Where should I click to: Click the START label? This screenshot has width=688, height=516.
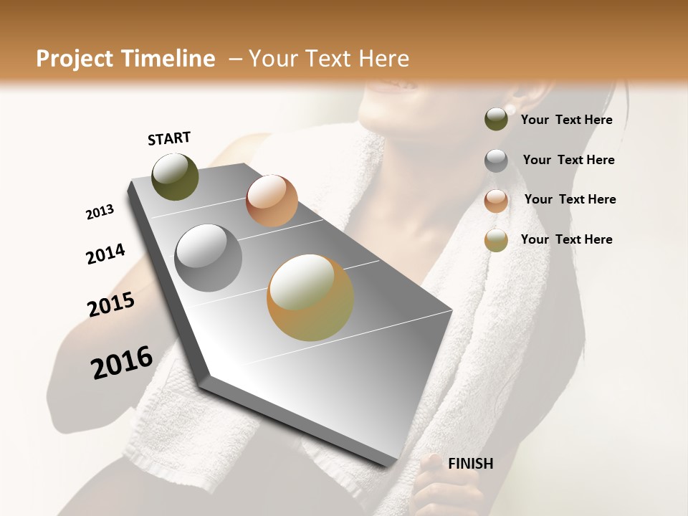click(x=169, y=138)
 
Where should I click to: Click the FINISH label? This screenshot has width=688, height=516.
click(x=470, y=464)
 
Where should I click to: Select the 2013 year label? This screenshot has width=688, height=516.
click(x=100, y=212)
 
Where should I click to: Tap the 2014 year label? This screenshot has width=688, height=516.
click(x=105, y=254)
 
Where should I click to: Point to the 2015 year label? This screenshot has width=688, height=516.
click(x=111, y=305)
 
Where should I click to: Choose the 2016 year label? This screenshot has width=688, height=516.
click(x=122, y=363)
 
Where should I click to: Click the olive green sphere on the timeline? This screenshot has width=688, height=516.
click(x=175, y=176)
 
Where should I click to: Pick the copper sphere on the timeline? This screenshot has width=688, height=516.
click(x=272, y=200)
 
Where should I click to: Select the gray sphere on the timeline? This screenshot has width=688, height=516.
click(x=208, y=258)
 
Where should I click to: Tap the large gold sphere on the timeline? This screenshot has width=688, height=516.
click(x=310, y=297)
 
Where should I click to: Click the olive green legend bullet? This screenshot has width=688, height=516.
click(x=496, y=120)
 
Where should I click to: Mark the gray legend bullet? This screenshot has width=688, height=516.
click(x=496, y=161)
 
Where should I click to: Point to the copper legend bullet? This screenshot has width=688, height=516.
click(x=496, y=201)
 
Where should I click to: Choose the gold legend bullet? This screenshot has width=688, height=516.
click(x=496, y=241)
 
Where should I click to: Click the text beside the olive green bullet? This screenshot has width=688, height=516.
click(x=566, y=120)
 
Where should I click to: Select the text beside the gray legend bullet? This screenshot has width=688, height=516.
click(x=568, y=160)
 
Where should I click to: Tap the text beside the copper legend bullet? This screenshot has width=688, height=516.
click(x=570, y=199)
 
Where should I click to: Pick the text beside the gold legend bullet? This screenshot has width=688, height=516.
click(x=566, y=239)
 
